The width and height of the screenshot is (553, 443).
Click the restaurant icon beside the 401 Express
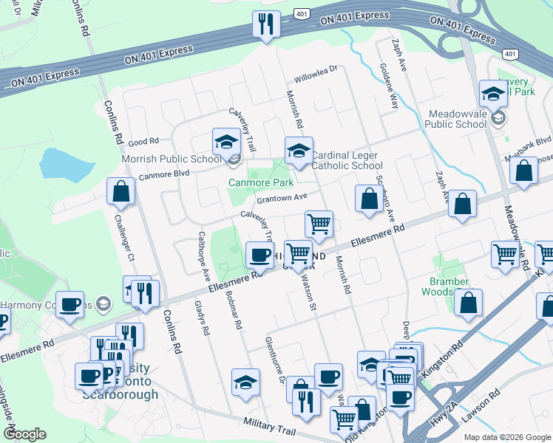(265, 24)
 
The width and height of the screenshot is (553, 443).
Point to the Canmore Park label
(260, 182)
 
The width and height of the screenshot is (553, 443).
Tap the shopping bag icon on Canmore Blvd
(121, 191)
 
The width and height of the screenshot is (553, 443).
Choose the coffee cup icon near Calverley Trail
(259, 255)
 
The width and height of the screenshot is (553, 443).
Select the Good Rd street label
(143, 141)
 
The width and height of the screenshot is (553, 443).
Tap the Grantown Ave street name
(282, 198)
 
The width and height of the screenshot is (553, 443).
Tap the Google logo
(24, 434)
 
